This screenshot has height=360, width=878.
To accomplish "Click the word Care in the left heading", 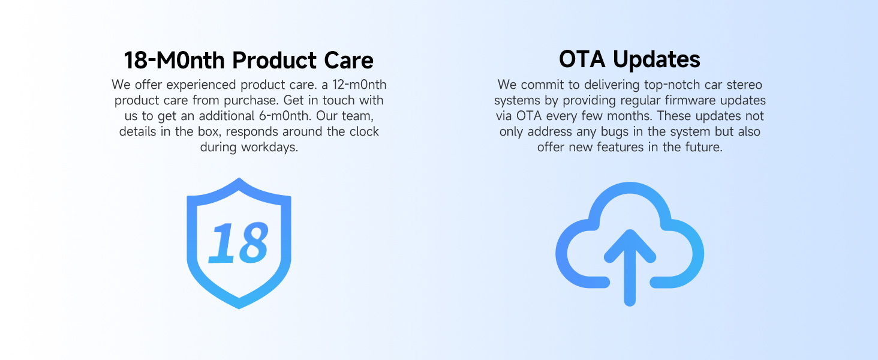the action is (x=348, y=60).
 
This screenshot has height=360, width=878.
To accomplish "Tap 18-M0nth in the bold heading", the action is (x=175, y=60).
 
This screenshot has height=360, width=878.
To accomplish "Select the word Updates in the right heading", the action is (x=657, y=60).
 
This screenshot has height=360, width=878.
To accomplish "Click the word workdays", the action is (x=270, y=148).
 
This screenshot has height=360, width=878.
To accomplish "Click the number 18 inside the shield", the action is (x=239, y=242).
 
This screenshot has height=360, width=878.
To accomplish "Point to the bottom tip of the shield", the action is (x=239, y=308).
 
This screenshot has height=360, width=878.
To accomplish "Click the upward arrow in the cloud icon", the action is (x=630, y=267).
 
